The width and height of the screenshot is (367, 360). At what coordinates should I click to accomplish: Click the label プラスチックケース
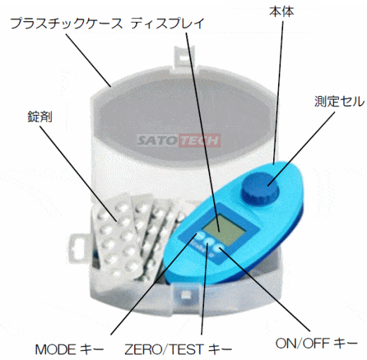(66, 23)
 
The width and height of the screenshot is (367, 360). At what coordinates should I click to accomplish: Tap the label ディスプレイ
(167, 23)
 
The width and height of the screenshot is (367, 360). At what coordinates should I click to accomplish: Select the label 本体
(282, 11)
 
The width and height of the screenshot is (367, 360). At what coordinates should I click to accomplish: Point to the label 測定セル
(339, 102)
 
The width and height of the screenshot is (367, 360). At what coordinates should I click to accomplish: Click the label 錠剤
(40, 116)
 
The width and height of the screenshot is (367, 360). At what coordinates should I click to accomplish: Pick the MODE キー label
(70, 349)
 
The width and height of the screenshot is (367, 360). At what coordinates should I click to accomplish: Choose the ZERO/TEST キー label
(178, 349)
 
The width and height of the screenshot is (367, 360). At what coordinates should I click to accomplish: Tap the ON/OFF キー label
(316, 343)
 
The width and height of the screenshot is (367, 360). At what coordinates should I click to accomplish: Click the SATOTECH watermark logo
(179, 140)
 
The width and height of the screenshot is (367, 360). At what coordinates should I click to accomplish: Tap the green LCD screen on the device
(225, 229)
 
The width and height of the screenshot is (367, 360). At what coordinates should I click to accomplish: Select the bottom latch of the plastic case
(186, 295)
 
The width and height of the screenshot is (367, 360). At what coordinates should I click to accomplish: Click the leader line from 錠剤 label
(78, 174)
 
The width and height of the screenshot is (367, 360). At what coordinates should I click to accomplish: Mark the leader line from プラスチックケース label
(88, 60)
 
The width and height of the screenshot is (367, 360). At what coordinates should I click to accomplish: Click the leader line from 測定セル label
(301, 149)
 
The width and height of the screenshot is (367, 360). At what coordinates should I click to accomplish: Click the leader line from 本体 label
(278, 92)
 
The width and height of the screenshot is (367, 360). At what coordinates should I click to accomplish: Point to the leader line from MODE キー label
(154, 284)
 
